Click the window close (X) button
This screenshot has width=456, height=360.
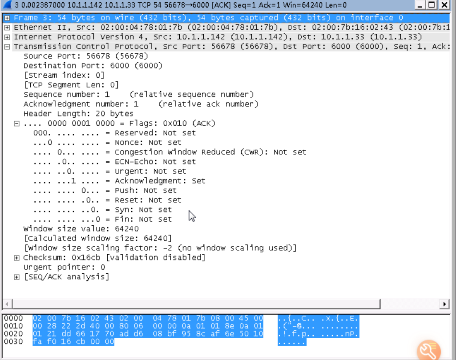[444, 5]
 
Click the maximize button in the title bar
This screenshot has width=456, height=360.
[432, 5]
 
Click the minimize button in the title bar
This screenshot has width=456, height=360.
[420, 5]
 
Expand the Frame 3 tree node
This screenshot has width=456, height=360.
[7, 18]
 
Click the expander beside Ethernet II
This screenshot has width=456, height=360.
[7, 28]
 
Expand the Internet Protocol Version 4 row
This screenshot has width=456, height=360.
[7, 37]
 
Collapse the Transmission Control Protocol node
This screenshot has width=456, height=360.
[7, 47]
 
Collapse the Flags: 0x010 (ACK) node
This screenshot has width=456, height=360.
[17, 124]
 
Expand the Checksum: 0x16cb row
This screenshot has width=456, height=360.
[17, 258]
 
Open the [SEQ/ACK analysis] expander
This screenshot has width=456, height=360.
[17, 277]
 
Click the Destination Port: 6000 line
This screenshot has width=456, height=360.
[93, 66]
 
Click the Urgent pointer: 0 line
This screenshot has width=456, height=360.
[64, 267]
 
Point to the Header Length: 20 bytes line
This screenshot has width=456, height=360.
[78, 114]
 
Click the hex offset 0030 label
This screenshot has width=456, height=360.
[13, 342]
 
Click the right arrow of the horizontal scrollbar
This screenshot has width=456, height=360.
[444, 304]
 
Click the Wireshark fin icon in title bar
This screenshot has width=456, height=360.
[7, 5]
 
